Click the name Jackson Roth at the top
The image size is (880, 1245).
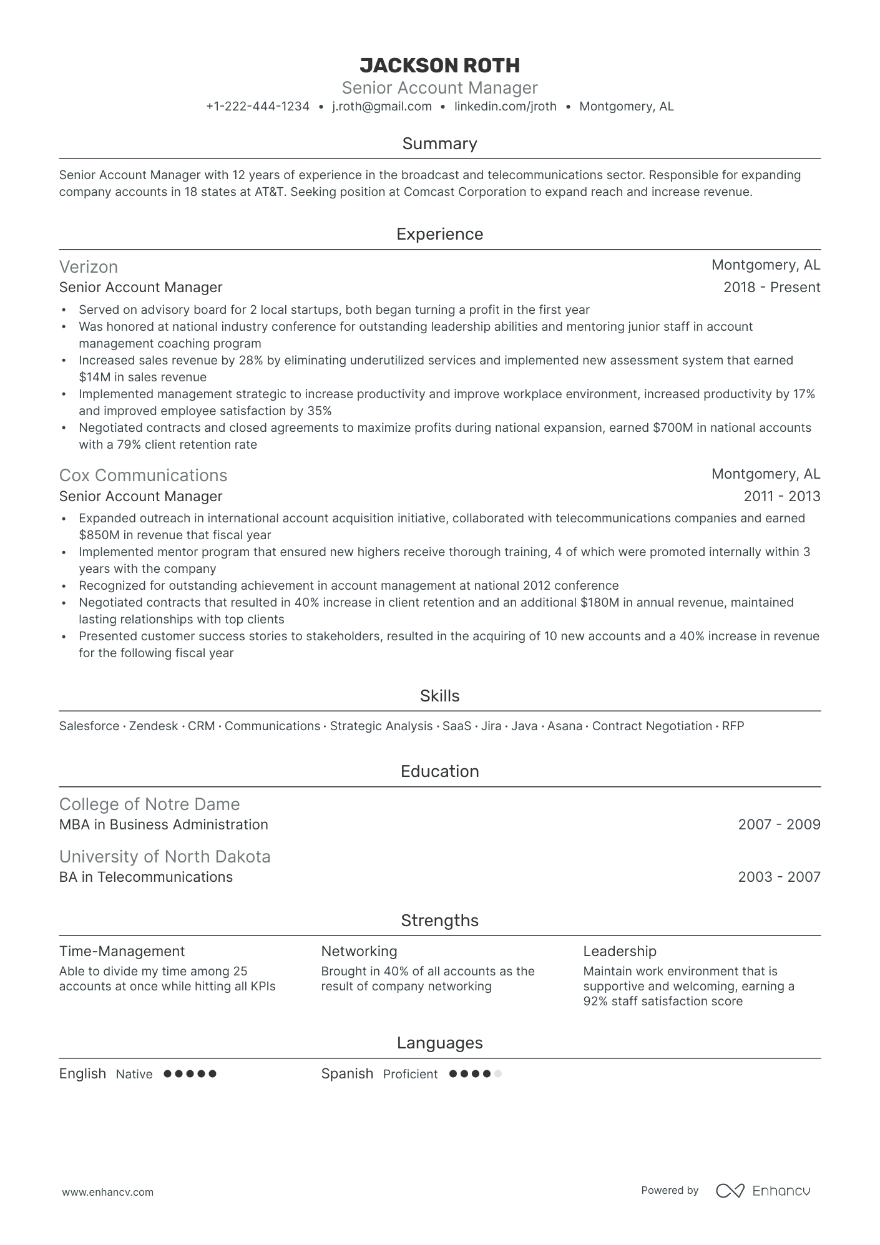click(439, 66)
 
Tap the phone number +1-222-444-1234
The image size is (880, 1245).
click(258, 107)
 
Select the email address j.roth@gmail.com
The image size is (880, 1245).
click(381, 107)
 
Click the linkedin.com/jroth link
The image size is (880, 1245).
click(505, 107)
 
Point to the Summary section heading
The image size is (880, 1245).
click(439, 144)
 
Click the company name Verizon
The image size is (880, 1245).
click(89, 267)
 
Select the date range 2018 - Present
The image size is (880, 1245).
click(771, 288)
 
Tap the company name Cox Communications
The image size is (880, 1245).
click(143, 476)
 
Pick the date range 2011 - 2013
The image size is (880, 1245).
click(781, 497)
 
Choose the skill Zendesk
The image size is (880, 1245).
click(154, 726)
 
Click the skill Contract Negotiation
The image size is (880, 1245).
click(652, 726)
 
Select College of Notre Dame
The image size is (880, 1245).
click(149, 804)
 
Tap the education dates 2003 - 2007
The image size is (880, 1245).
click(779, 877)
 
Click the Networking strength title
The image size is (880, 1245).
click(359, 952)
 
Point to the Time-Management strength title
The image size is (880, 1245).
click(122, 952)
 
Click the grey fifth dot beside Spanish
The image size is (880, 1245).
click(497, 1075)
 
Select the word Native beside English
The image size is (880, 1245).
click(134, 1075)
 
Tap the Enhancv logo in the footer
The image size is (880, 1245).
click(763, 1191)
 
